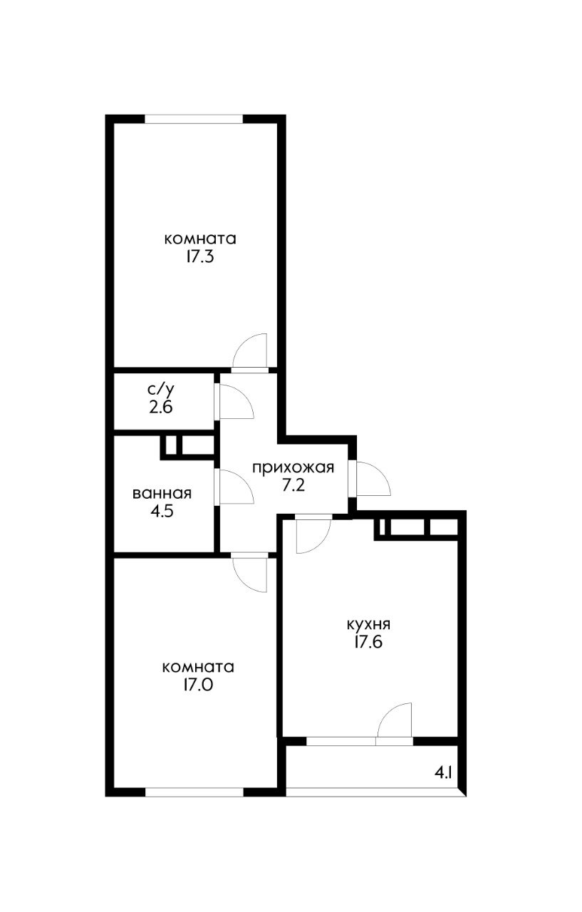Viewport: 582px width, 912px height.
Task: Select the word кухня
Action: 368,624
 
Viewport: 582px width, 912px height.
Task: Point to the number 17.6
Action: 368,642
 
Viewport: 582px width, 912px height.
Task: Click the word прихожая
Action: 293,467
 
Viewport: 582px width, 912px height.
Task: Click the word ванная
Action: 162,493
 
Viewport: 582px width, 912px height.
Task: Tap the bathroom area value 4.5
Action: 162,511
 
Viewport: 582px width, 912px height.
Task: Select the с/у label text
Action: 161,390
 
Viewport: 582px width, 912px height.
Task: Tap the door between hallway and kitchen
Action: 312,533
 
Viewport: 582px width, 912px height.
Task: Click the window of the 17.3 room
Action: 193,120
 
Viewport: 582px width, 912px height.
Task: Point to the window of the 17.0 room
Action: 193,791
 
